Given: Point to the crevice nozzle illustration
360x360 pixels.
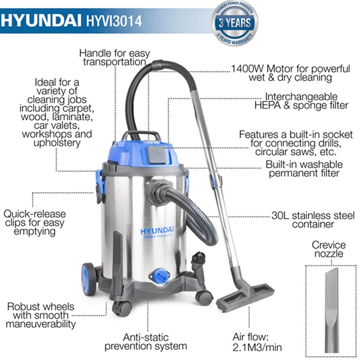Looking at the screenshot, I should [x=331, y=310].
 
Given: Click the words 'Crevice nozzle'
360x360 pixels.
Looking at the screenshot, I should [x=328, y=249].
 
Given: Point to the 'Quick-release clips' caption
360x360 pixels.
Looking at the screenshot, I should [x=35, y=222].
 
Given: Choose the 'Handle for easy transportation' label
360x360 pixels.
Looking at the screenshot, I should [x=114, y=57].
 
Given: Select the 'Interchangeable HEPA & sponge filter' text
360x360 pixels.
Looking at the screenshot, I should [x=301, y=101].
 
